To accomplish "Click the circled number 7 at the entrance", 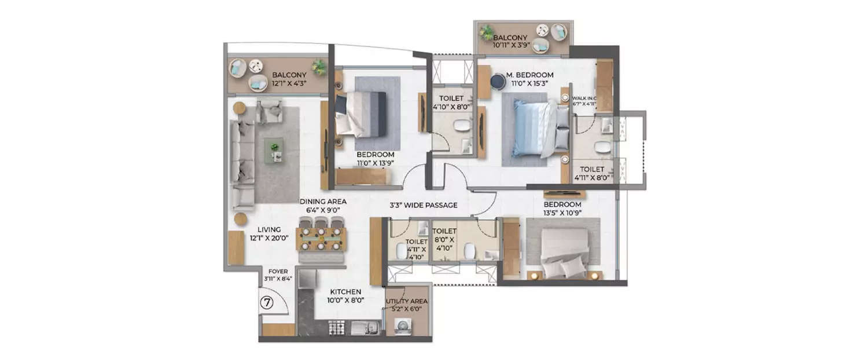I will pyautogui.click(x=267, y=302).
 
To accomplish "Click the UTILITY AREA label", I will pyautogui.click(x=407, y=305).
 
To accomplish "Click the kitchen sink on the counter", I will pyautogui.click(x=364, y=328).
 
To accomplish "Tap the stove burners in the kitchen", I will pyautogui.click(x=337, y=328).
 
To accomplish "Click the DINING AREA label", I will pyautogui.click(x=323, y=206).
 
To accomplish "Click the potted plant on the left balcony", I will pyautogui.click(x=318, y=67).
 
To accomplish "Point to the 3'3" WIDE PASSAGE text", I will pyautogui.click(x=423, y=205).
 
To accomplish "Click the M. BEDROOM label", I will pyautogui.click(x=529, y=79).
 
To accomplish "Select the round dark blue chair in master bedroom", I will pyautogui.click(x=498, y=82).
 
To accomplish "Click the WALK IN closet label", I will pyautogui.click(x=584, y=102).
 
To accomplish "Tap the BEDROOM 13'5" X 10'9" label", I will pyautogui.click(x=562, y=209).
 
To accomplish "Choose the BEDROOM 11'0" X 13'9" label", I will pyautogui.click(x=375, y=159).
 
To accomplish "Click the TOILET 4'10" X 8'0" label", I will pyautogui.click(x=452, y=103).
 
